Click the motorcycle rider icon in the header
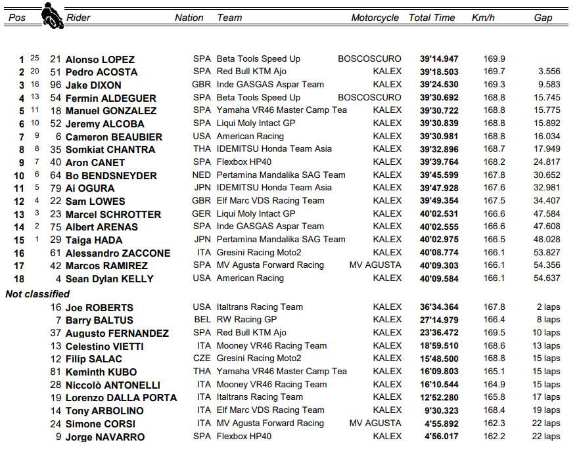point(51,14)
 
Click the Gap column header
point(543,18)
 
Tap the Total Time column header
point(432,18)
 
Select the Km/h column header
point(483,18)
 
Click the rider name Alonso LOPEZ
point(100,59)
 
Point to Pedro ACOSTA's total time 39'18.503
point(439,72)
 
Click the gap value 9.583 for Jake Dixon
point(548,85)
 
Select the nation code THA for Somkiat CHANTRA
point(202,149)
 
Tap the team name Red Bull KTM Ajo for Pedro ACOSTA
point(252,72)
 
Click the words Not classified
point(37,293)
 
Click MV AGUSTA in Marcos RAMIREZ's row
point(375,265)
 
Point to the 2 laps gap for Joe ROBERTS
point(548,307)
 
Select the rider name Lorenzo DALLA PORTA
point(121,397)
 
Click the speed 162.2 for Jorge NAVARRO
point(493,436)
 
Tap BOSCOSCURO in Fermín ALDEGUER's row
point(369,97)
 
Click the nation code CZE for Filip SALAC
point(202,358)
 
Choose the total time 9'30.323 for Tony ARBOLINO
point(442,410)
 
